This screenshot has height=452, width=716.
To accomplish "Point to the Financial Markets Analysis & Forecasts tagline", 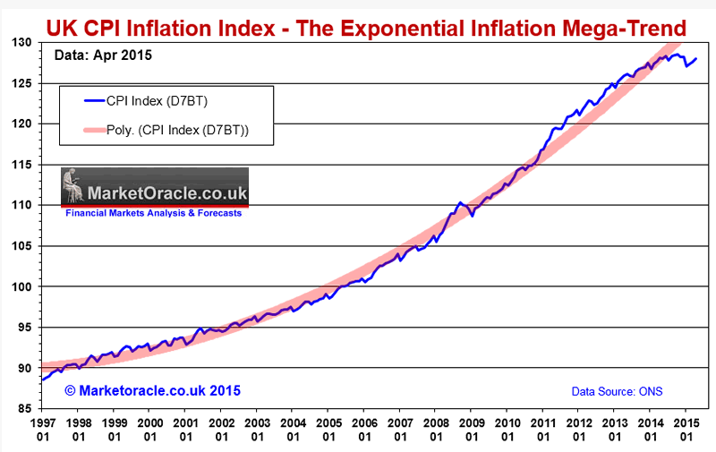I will click(154, 213).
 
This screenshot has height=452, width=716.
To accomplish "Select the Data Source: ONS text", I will click(617, 391).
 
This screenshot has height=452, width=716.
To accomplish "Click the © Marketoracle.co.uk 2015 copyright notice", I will click(153, 390).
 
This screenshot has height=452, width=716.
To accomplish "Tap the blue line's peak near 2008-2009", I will click(458, 203).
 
